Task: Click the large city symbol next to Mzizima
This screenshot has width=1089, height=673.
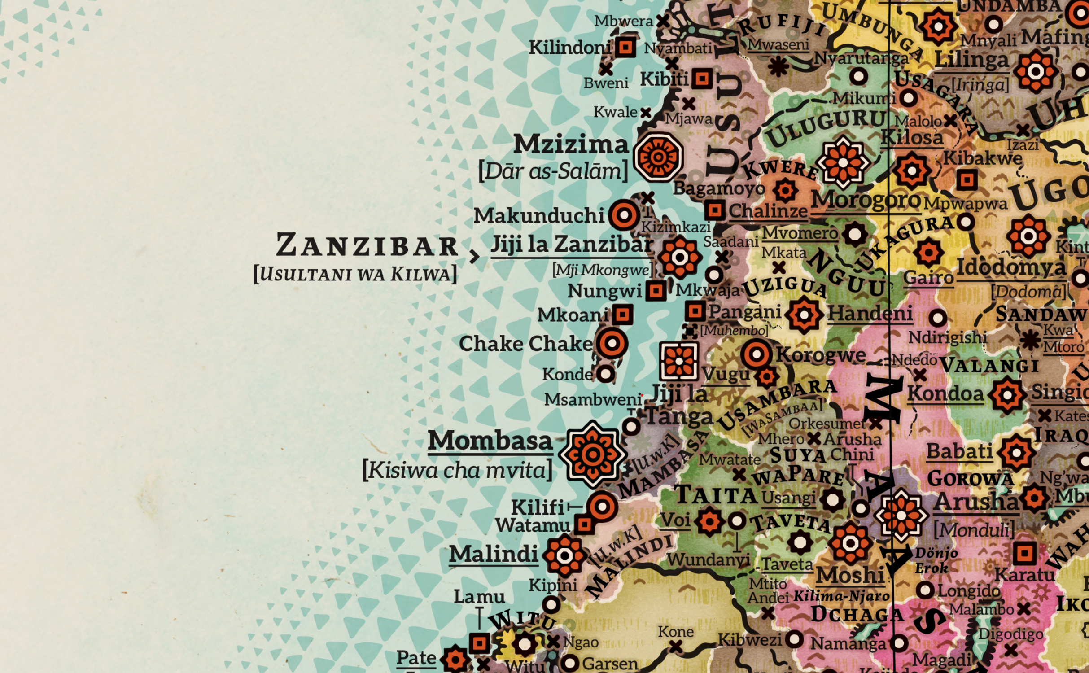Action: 658,157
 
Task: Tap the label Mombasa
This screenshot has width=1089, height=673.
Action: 490,441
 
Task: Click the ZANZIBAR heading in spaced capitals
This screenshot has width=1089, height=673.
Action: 367,245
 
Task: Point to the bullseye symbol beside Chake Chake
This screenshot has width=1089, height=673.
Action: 611,344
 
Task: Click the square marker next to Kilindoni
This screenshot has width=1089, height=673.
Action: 625,47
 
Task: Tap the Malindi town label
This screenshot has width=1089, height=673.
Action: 493,554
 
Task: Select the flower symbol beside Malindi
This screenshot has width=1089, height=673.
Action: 564,556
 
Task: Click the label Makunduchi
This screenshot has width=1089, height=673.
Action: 538,216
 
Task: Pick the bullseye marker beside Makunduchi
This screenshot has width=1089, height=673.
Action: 624,215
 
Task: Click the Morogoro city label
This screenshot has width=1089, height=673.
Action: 866,200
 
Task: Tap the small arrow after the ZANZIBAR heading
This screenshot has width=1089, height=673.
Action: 474,257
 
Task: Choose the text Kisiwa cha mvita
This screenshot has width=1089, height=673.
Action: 457,471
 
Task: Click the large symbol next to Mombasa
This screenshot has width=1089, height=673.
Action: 592,454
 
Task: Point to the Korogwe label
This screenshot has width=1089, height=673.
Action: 821,355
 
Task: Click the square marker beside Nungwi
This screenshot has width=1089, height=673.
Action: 656,291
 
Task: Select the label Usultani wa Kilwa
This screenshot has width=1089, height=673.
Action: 355,274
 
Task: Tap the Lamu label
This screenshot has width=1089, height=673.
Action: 479,597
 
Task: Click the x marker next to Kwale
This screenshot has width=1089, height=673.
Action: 645,113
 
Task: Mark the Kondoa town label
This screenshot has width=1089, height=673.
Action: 945,394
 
